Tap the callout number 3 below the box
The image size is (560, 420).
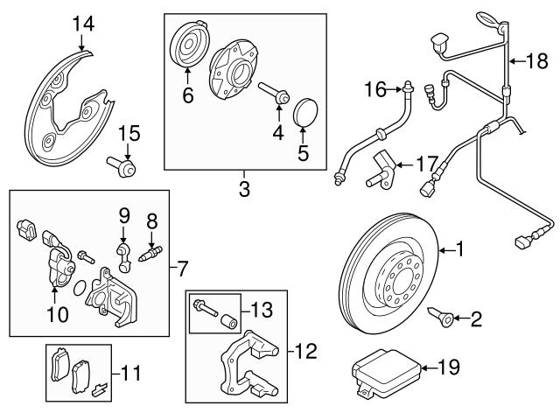click(245, 188)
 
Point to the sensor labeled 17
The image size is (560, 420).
click(386, 166)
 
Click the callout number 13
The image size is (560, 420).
click(261, 310)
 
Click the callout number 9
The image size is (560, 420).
click(123, 213)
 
